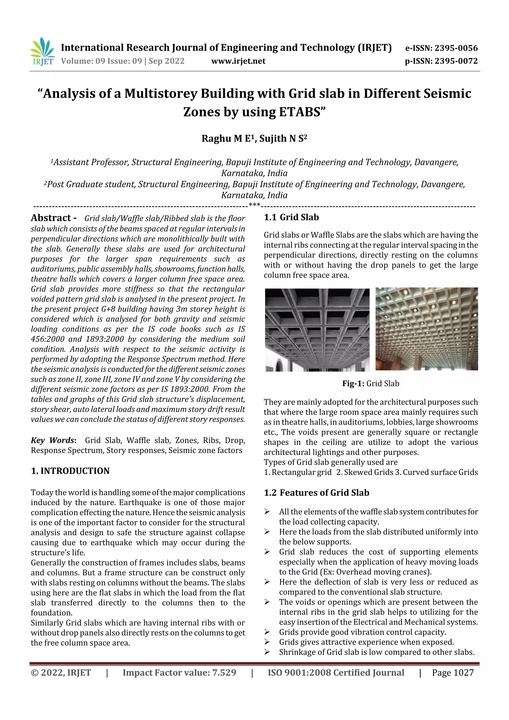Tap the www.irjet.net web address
click(x=238, y=61)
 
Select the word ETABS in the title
click(x=299, y=112)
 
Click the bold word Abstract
click(x=51, y=218)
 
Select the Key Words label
click(x=53, y=440)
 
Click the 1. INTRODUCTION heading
click(x=70, y=471)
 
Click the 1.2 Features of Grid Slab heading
click(x=316, y=493)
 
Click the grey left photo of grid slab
click(x=317, y=330)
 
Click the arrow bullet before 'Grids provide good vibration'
click(x=267, y=632)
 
